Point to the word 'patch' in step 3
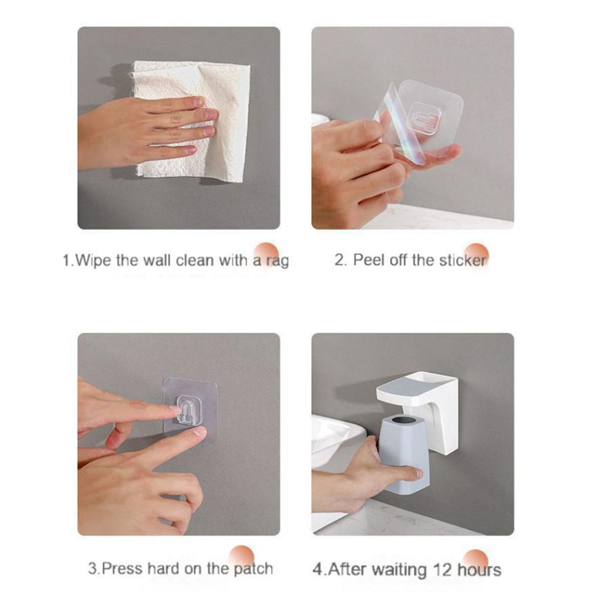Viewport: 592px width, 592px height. (253, 569)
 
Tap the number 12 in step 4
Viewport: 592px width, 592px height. (443, 569)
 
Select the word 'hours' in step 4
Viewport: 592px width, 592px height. (479, 570)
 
